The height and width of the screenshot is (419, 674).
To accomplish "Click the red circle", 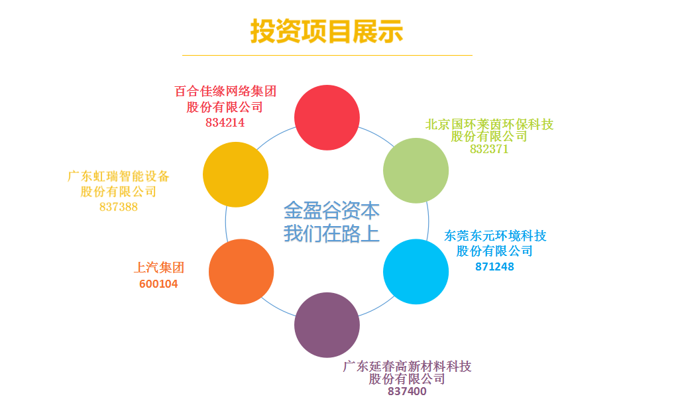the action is [x=327, y=117].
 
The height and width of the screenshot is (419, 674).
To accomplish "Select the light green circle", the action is [x=416, y=170].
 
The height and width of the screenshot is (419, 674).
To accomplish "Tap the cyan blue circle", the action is [x=416, y=271].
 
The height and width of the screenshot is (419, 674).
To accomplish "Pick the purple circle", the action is [x=327, y=325].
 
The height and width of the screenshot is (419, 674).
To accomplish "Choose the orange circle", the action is [x=241, y=271].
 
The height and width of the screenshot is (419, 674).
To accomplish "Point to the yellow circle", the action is [x=235, y=174].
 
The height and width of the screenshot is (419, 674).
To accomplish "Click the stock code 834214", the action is [x=225, y=123].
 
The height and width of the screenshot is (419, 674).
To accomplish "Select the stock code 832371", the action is [x=489, y=149].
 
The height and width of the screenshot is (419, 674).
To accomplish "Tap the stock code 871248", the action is [x=495, y=267].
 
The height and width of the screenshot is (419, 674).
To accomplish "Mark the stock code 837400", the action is [x=407, y=391].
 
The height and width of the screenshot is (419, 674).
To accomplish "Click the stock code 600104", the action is [x=158, y=284].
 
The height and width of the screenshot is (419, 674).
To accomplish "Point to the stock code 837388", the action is [x=119, y=207].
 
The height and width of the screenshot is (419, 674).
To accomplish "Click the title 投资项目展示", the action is [x=327, y=31].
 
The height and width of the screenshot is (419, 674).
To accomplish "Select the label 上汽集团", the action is [x=159, y=268].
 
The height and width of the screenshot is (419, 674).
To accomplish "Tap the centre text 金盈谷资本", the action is [x=331, y=211].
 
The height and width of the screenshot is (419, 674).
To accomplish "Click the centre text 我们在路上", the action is [x=331, y=233].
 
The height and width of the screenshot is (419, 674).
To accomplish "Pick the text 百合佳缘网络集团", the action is [x=225, y=91].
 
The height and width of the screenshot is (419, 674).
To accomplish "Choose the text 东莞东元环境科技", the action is [x=495, y=236].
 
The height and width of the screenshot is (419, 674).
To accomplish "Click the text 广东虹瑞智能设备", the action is [x=119, y=176].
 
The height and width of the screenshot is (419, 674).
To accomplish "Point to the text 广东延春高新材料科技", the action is [x=407, y=367].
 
